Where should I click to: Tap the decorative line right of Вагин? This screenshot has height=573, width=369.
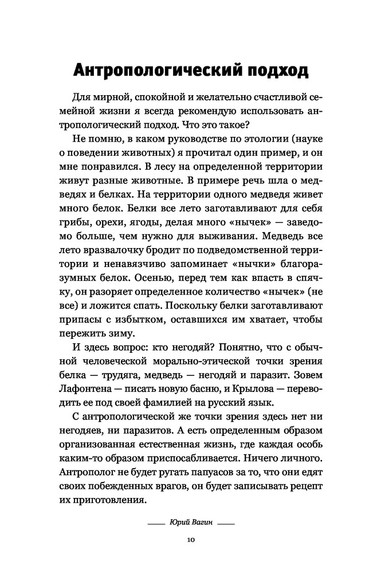[x=226, y=523]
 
